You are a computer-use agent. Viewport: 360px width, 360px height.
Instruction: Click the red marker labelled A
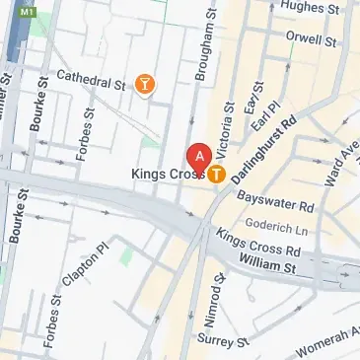pos(199,158)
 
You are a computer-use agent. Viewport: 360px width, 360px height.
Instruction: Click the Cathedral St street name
pos(91,80)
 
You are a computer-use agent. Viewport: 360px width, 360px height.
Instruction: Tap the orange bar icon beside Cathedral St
pos(146,85)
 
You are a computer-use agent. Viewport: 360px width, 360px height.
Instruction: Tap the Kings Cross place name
pos(167,175)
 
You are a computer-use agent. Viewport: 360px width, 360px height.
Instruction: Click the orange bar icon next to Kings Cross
pos(215,175)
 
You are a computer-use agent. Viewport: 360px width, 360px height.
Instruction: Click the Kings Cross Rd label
pos(258,243)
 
